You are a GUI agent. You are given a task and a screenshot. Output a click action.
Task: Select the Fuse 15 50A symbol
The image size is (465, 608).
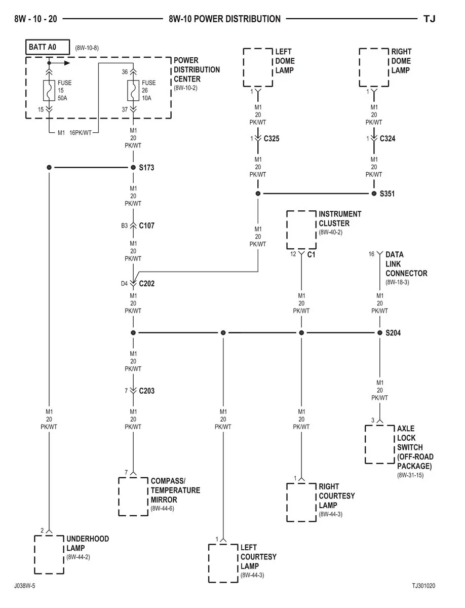49,90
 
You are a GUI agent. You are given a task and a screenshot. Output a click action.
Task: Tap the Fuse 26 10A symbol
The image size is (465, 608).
133,90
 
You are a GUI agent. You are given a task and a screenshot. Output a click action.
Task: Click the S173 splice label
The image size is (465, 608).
146,168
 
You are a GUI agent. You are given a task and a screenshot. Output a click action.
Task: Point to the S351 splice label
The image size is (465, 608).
387,194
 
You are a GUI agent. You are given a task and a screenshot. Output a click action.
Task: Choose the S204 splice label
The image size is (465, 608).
393,333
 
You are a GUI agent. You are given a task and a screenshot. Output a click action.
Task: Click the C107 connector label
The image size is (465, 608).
147,226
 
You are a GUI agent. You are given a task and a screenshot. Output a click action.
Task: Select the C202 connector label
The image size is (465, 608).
147,284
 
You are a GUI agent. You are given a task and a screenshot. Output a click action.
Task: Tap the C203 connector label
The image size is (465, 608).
147,391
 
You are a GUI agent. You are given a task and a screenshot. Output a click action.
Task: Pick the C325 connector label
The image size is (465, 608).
272,138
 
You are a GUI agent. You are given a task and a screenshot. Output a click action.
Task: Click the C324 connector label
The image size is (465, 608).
387,138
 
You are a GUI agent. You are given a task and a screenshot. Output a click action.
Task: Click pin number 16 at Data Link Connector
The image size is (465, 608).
371,254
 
